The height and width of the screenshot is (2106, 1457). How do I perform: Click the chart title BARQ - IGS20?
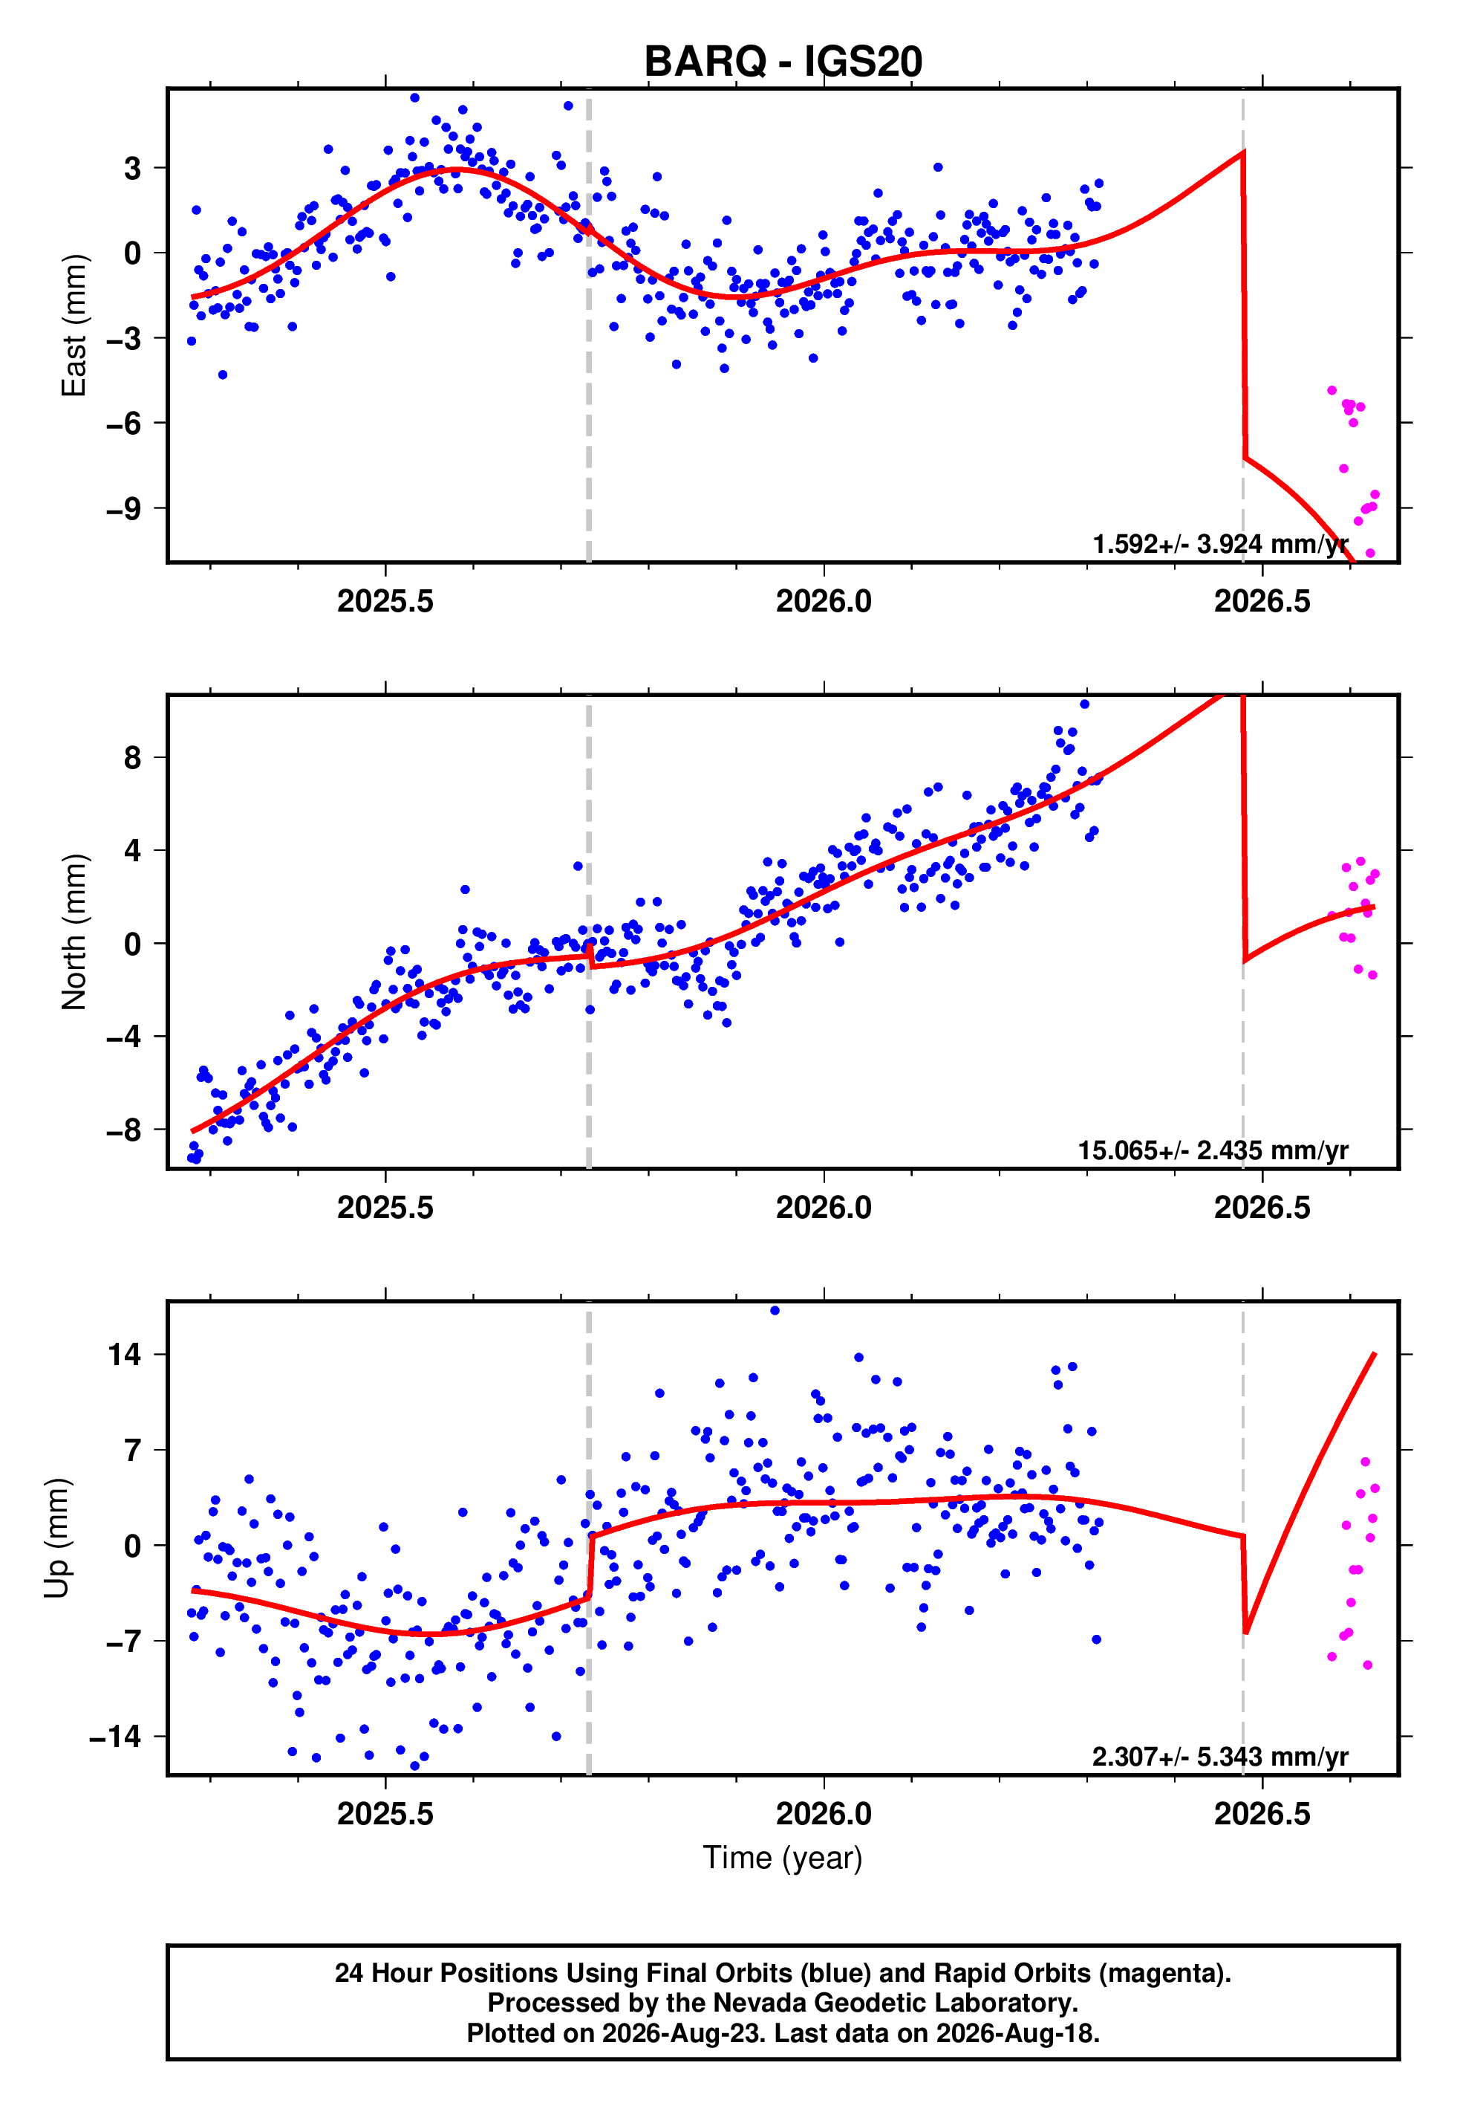click(x=783, y=61)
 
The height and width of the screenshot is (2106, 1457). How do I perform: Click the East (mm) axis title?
click(x=74, y=326)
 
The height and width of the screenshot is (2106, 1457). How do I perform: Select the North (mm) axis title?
click(x=74, y=932)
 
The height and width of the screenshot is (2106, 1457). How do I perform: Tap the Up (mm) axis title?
click(x=56, y=1537)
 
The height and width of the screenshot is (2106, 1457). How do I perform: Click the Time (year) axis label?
click(x=783, y=1858)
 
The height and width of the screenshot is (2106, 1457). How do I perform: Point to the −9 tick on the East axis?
click(x=125, y=509)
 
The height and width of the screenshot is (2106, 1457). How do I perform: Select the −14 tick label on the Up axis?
click(x=117, y=1736)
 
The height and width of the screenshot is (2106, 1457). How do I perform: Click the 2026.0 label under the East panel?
click(x=824, y=601)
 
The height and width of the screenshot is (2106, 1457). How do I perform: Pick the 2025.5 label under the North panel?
click(x=385, y=1208)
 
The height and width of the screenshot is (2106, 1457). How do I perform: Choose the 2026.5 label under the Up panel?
click(x=1262, y=1814)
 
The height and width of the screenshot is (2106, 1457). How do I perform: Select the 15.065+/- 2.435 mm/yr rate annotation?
click(x=1213, y=1150)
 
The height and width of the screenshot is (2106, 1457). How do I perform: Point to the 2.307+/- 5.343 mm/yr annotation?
click(x=1221, y=1757)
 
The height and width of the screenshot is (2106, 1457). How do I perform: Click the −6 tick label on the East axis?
click(x=125, y=423)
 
